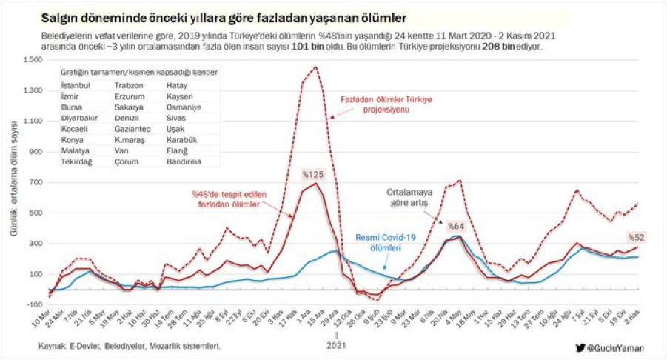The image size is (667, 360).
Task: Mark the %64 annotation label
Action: click(x=455, y=226)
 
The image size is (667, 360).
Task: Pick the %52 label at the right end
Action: click(x=637, y=237)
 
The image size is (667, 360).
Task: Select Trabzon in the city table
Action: click(x=130, y=86)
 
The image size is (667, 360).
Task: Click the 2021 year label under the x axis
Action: click(x=337, y=344)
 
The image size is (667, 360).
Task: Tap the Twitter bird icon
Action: click(x=580, y=346)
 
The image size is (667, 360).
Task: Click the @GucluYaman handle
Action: click(x=617, y=346)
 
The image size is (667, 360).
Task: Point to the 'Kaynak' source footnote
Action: click(x=130, y=345)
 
